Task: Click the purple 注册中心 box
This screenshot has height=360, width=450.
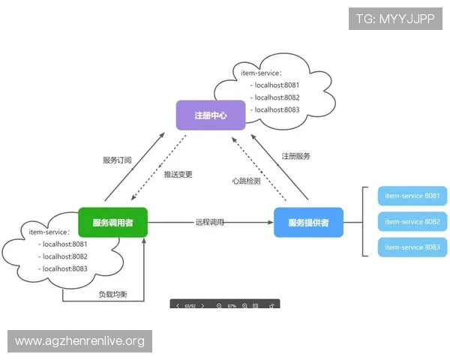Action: click(211, 115)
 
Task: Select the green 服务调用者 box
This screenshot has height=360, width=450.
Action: click(113, 223)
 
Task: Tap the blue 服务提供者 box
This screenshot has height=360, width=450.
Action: click(308, 223)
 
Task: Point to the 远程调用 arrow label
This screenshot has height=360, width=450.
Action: click(210, 223)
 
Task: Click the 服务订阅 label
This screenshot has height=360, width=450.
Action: click(117, 160)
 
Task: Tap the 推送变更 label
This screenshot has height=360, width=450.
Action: click(178, 174)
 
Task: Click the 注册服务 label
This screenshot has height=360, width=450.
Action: click(296, 156)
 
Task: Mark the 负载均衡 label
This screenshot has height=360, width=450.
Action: click(112, 294)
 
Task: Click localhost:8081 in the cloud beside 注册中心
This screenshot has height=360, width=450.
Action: click(277, 85)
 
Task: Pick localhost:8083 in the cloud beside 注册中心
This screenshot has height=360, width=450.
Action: click(277, 109)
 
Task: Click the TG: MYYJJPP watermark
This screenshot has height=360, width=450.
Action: click(395, 17)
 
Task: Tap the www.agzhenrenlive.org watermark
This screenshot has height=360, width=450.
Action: click(80, 341)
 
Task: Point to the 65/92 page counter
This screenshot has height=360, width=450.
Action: click(190, 306)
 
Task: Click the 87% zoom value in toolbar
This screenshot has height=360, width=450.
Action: click(232, 306)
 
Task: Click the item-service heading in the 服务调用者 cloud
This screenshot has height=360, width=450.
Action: click(49, 232)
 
